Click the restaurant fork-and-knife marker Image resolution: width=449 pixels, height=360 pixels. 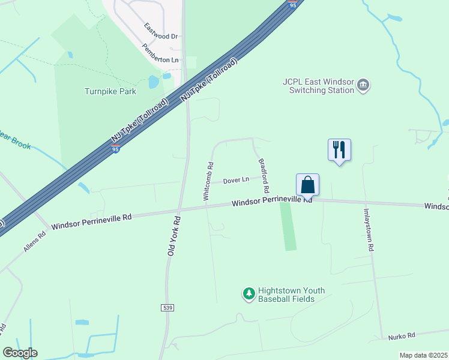click(339, 150)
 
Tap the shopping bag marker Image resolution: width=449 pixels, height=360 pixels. click(307, 185)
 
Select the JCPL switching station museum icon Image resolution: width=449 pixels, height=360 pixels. click(363, 85)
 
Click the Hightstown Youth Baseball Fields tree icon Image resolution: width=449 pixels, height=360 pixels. click(249, 294)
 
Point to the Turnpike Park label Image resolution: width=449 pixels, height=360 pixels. click(110, 91)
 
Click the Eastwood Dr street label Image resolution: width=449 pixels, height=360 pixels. click(161, 32)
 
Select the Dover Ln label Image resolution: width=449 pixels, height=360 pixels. click(236, 180)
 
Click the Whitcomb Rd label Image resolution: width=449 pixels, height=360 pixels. click(208, 181)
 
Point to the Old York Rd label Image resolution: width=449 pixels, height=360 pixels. click(173, 236)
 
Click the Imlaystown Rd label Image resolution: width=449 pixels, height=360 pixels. click(369, 230)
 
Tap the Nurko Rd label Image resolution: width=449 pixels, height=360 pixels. click(402, 335)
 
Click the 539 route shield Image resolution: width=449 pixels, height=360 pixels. click(167, 308)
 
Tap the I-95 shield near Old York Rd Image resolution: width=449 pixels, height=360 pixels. click(115, 148)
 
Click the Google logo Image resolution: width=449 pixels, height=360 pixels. click(20, 353)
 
